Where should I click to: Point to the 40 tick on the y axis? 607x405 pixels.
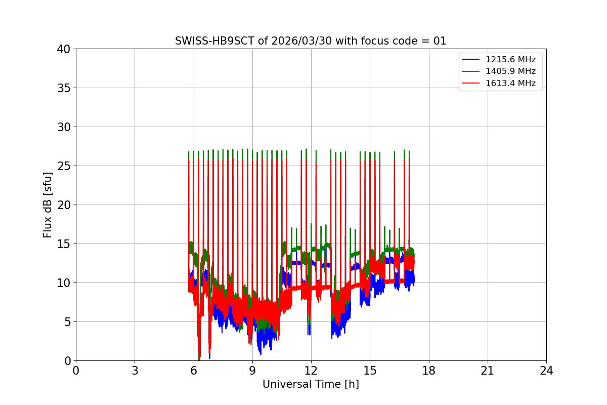click(x=64, y=49)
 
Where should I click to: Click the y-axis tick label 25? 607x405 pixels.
click(x=64, y=166)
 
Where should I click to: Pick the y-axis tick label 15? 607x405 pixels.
click(x=64, y=244)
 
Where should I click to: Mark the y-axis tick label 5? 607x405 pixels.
click(x=67, y=322)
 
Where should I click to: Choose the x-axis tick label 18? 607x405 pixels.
click(x=429, y=371)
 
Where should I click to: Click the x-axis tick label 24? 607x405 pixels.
click(x=546, y=371)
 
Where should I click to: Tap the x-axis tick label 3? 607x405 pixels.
click(x=135, y=371)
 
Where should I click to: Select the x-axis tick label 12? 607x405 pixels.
click(x=311, y=371)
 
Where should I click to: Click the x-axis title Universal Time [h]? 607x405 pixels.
click(x=311, y=384)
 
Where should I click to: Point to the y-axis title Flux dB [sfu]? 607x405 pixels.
click(x=48, y=205)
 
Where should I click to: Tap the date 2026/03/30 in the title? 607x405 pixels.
click(x=288, y=41)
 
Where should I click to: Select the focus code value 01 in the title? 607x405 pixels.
click(x=440, y=41)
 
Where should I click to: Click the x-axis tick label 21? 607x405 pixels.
click(x=488, y=371)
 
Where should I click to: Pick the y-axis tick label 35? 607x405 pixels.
click(x=64, y=88)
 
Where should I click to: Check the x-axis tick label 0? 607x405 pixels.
click(x=76, y=371)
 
